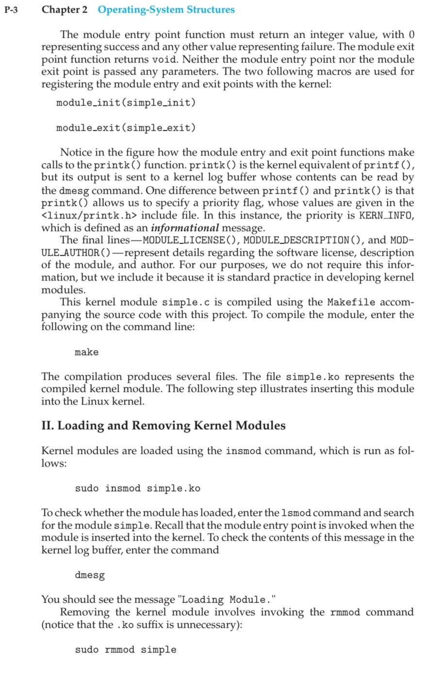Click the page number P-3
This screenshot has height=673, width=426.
click(11, 10)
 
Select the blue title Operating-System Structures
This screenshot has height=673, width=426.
click(166, 10)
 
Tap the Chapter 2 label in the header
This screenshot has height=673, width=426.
click(65, 10)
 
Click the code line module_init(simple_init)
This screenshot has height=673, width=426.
click(126, 103)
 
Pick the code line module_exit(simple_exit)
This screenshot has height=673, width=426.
click(126, 128)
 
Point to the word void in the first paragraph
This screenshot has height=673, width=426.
click(164, 60)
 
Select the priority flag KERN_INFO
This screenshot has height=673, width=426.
click(386, 215)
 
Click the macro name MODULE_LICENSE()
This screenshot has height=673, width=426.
click(184, 240)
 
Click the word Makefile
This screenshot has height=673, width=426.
click(351, 302)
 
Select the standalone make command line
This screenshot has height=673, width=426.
click(86, 352)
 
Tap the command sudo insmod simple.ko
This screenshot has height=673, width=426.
click(137, 488)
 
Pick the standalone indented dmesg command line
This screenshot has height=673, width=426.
click(90, 576)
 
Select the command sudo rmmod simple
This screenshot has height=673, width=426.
click(126, 650)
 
